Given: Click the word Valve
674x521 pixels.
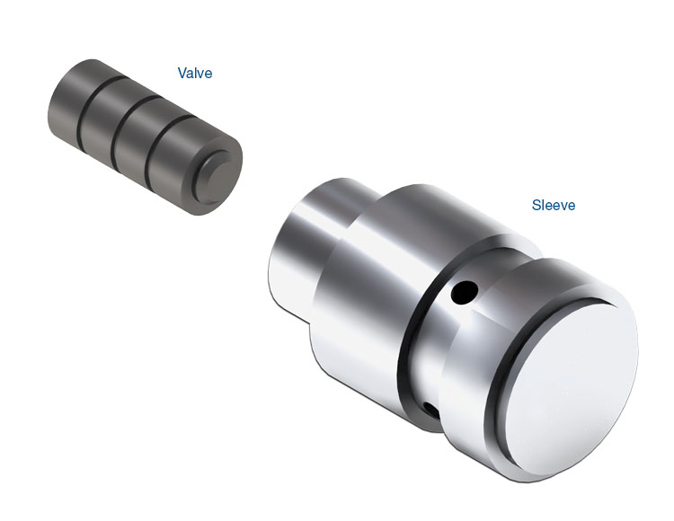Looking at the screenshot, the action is (195, 73).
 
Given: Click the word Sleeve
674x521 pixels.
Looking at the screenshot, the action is (554, 205).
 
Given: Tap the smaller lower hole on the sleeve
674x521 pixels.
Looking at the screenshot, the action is (430, 410).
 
